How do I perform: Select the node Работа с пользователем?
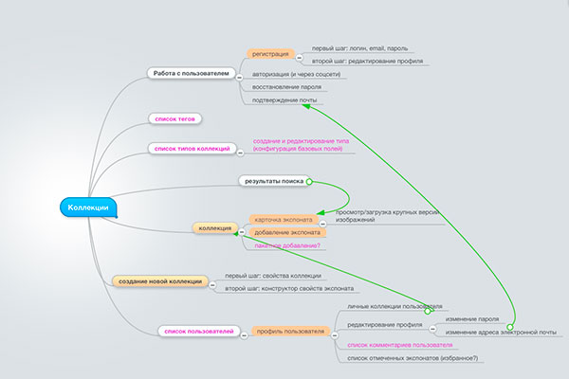(x=191, y=73)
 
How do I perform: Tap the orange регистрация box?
(x=269, y=55)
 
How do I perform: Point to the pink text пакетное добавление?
(x=286, y=246)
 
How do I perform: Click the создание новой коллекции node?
(x=159, y=281)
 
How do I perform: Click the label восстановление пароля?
(x=286, y=86)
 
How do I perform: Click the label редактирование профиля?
(x=377, y=325)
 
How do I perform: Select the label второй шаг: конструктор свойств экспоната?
(x=288, y=288)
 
